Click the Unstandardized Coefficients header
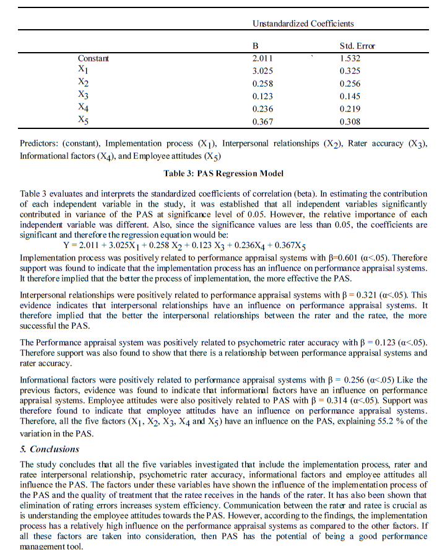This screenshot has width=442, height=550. [x=303, y=24]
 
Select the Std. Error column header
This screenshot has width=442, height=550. [x=357, y=46]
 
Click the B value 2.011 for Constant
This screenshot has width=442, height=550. [x=263, y=58]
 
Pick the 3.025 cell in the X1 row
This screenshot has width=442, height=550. [x=263, y=71]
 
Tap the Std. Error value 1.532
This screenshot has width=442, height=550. [x=350, y=58]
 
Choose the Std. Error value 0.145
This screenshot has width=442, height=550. [x=350, y=96]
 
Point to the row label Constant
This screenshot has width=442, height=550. [x=93, y=58]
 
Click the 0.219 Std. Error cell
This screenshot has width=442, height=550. [x=350, y=109]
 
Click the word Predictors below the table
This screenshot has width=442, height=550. [x=38, y=143]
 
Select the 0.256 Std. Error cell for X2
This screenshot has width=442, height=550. [x=350, y=84]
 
